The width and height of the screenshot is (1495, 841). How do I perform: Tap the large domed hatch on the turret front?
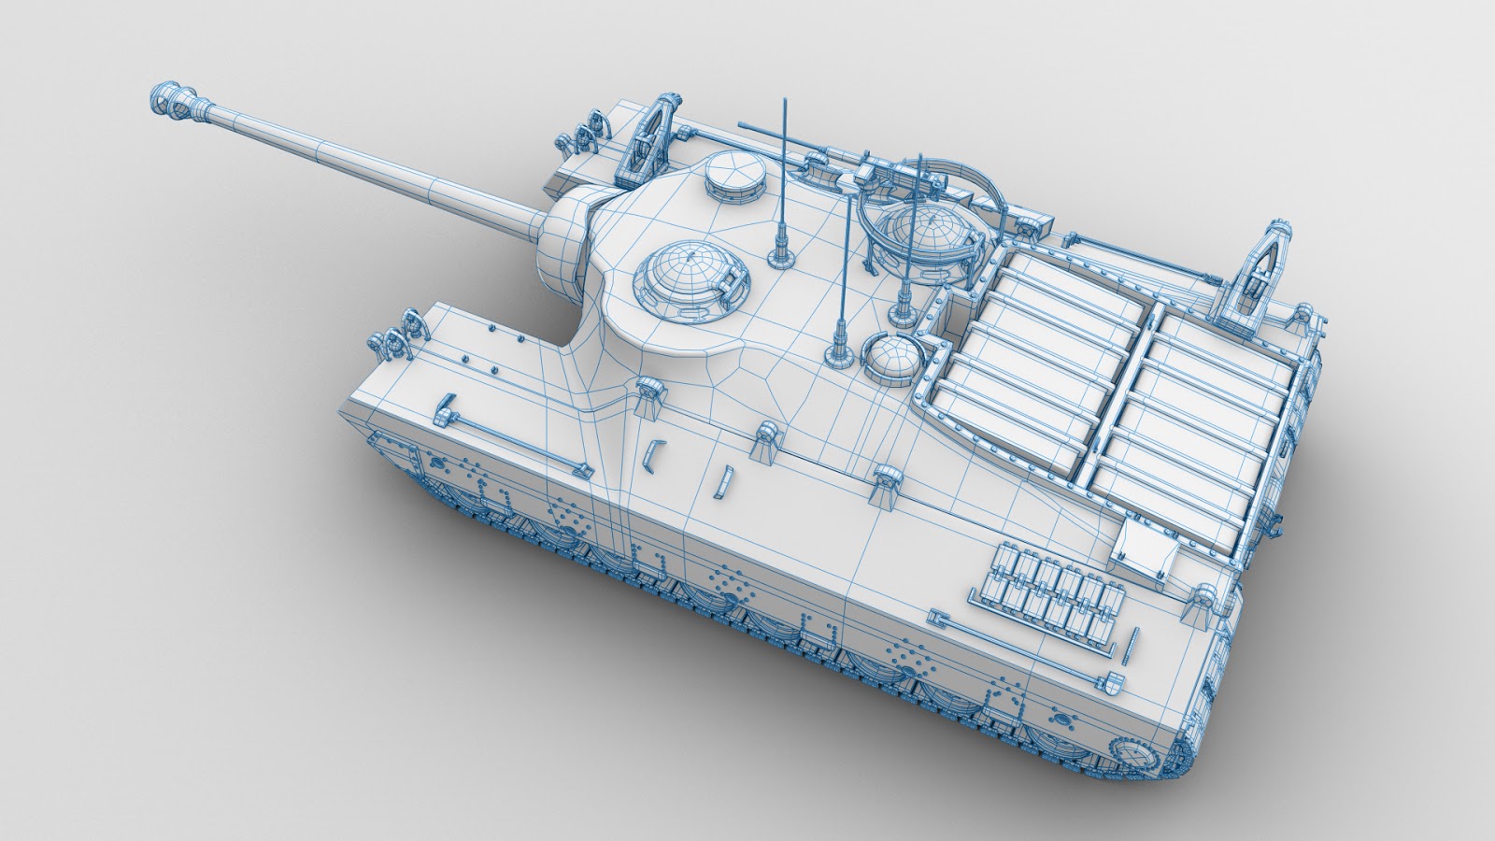(690, 278)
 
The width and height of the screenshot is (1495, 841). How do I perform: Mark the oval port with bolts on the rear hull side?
(1061, 720)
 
